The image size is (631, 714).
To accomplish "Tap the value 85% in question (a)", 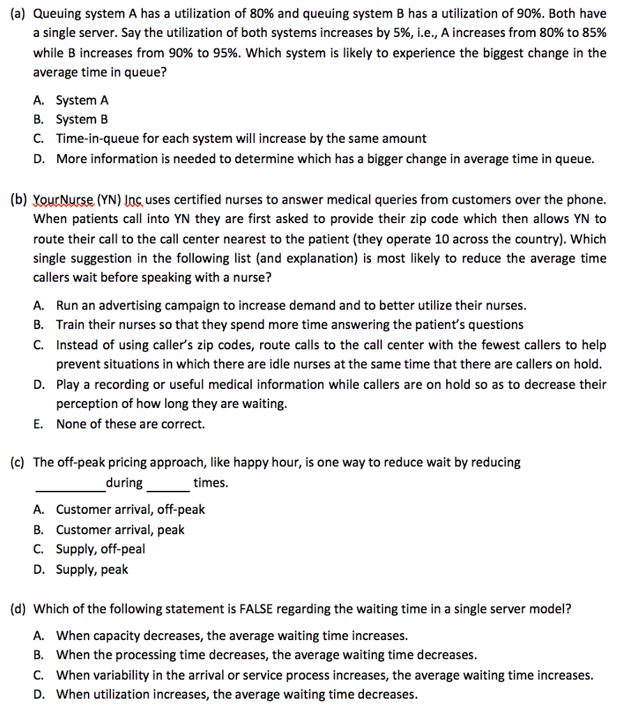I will click(593, 33).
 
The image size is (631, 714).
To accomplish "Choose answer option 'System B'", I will click(82, 119).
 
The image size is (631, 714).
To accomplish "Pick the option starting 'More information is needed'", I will click(325, 159).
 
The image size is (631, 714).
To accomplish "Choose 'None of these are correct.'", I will click(130, 424).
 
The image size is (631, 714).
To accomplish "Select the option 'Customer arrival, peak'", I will click(120, 530).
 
